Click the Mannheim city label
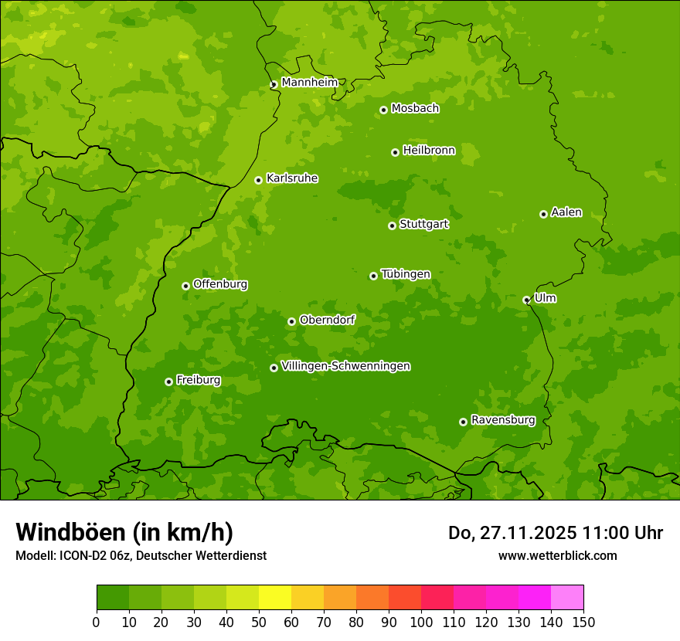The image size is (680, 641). [309, 83]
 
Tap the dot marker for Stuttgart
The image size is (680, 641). [392, 226]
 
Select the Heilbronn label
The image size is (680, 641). [429, 151]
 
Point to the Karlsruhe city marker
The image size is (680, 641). [258, 180]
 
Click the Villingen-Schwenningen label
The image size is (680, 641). [345, 366]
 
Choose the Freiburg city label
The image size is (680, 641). [198, 380]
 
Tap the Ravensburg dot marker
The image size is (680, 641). [463, 422]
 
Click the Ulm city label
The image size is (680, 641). [545, 298]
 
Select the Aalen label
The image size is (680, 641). [566, 212]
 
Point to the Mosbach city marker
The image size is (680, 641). [383, 110]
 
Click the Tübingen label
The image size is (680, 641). [406, 274]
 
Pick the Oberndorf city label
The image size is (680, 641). [327, 320]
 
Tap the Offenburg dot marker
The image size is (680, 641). [185, 286]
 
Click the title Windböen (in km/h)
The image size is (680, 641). [124, 532]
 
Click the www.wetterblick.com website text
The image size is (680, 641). [557, 555]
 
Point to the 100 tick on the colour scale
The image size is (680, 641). [421, 622]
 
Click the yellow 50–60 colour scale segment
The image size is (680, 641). [275, 598]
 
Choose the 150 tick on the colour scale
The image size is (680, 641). [583, 622]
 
